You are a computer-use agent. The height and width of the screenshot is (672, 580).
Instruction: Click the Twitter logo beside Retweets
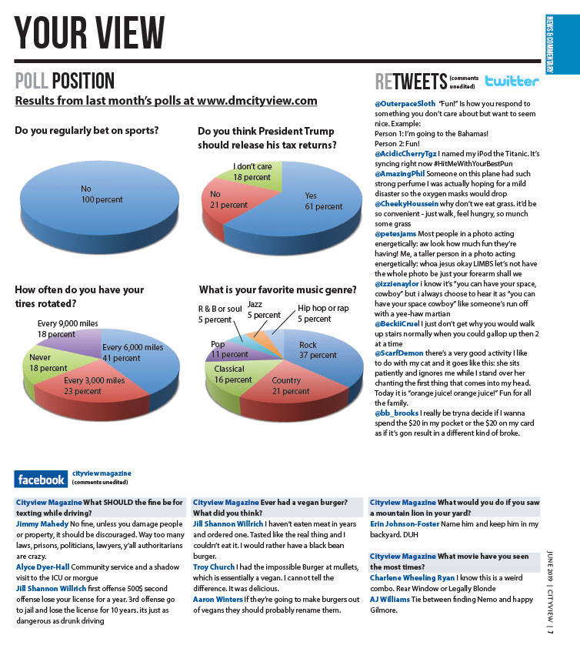click(x=512, y=81)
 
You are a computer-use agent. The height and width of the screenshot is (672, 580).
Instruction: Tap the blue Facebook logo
click(x=42, y=480)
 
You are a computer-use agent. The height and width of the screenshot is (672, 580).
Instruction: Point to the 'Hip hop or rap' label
click(x=324, y=313)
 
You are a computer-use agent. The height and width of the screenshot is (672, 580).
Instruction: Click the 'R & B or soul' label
click(x=219, y=314)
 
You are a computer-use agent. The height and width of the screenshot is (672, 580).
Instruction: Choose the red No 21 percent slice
click(x=227, y=202)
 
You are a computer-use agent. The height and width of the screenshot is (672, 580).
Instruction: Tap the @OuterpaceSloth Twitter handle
click(x=405, y=103)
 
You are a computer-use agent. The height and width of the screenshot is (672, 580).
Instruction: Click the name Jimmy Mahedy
click(x=42, y=523)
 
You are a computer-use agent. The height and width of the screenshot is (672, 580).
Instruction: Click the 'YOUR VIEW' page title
click(x=90, y=33)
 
